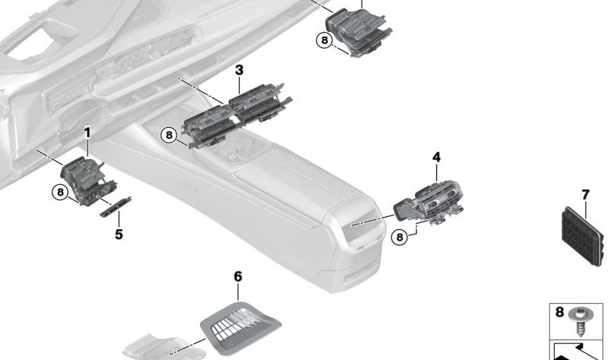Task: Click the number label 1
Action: [x=88, y=133]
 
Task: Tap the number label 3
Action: [x=239, y=71]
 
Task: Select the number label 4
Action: [x=436, y=158]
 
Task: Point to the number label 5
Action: [x=119, y=234]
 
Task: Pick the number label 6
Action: [x=238, y=276]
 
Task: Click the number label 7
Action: [x=585, y=196]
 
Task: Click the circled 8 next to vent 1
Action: [x=59, y=193]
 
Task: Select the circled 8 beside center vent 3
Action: [x=169, y=135]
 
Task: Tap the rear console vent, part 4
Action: [x=430, y=201]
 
